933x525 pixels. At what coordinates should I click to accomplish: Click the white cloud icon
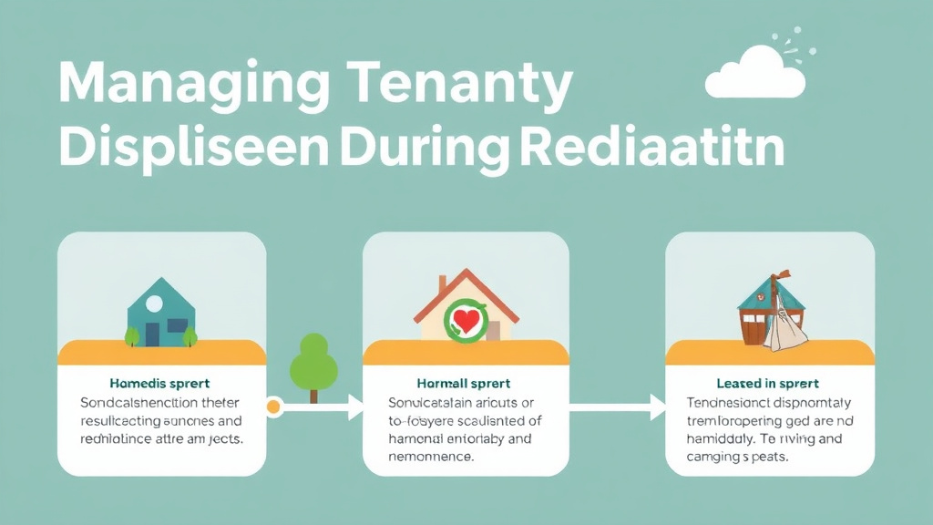tap(755, 75)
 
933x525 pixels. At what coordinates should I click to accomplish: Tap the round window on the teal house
tap(154, 303)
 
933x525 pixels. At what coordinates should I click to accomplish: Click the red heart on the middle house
tap(465, 321)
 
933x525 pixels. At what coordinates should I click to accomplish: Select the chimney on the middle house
tap(443, 285)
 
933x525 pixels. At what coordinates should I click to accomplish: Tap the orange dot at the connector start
tap(272, 407)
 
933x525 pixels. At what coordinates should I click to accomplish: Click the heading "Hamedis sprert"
tap(159, 384)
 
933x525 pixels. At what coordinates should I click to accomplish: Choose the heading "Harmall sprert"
tap(465, 384)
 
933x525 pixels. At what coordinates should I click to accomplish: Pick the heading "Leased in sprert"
tap(768, 384)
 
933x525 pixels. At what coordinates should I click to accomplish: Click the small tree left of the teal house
tap(131, 335)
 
